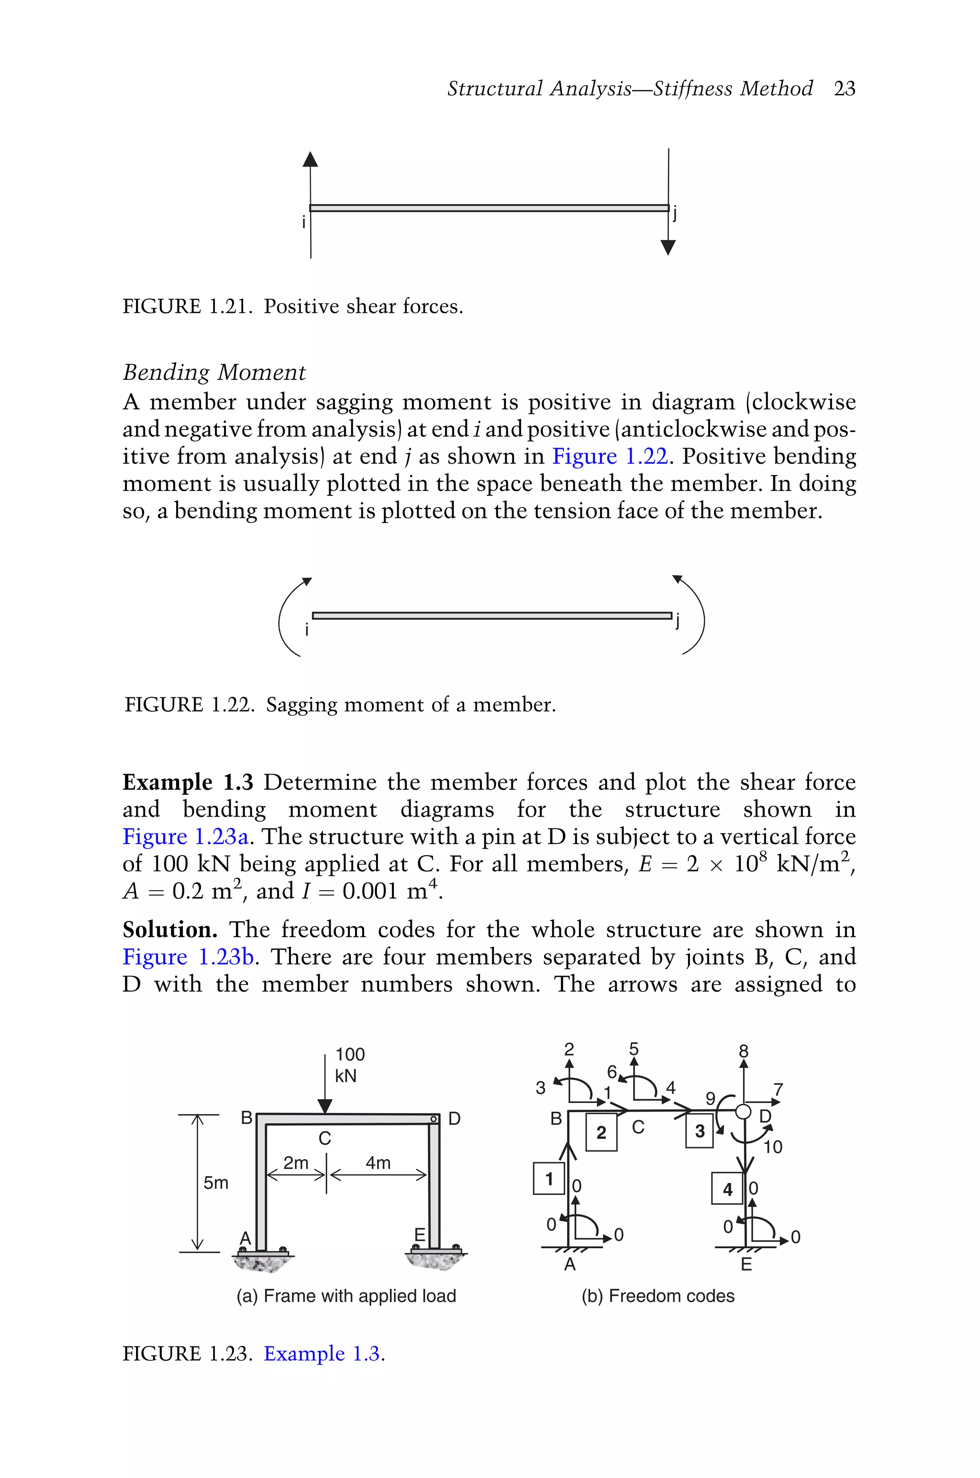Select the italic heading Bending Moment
(x=214, y=372)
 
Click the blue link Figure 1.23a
(x=186, y=836)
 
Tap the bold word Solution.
(x=170, y=930)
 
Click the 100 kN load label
(x=349, y=1065)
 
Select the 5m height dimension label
(x=216, y=1183)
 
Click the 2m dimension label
(x=296, y=1163)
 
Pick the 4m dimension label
(x=378, y=1163)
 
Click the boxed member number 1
(x=549, y=1179)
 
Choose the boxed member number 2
(x=601, y=1133)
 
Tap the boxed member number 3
(x=700, y=1131)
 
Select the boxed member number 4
(x=727, y=1189)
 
